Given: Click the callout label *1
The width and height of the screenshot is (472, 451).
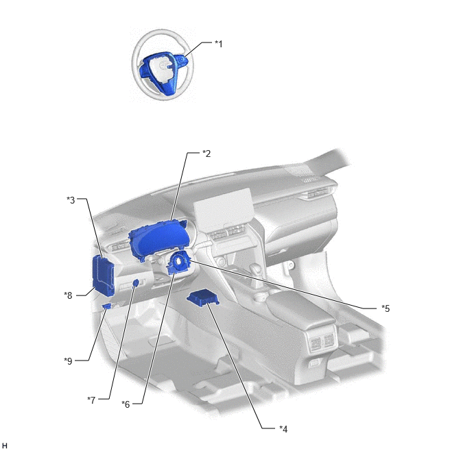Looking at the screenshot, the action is (x=219, y=44).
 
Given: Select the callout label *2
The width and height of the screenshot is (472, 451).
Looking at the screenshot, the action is (x=206, y=154).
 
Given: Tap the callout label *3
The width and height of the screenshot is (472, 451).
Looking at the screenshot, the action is (x=71, y=200).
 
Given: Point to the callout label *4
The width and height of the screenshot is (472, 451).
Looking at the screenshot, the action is (x=283, y=429).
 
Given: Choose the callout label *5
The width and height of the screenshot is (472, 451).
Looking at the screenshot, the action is (x=386, y=308).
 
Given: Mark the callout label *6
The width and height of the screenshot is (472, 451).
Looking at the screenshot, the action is (x=126, y=404).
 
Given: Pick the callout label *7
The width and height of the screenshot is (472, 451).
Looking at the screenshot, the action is (x=91, y=400).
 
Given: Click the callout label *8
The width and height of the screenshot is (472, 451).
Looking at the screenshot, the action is (x=68, y=295).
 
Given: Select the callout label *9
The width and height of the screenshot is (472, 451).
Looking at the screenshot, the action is (x=68, y=361).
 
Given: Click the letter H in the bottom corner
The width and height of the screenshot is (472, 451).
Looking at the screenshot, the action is (x=4, y=446).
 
